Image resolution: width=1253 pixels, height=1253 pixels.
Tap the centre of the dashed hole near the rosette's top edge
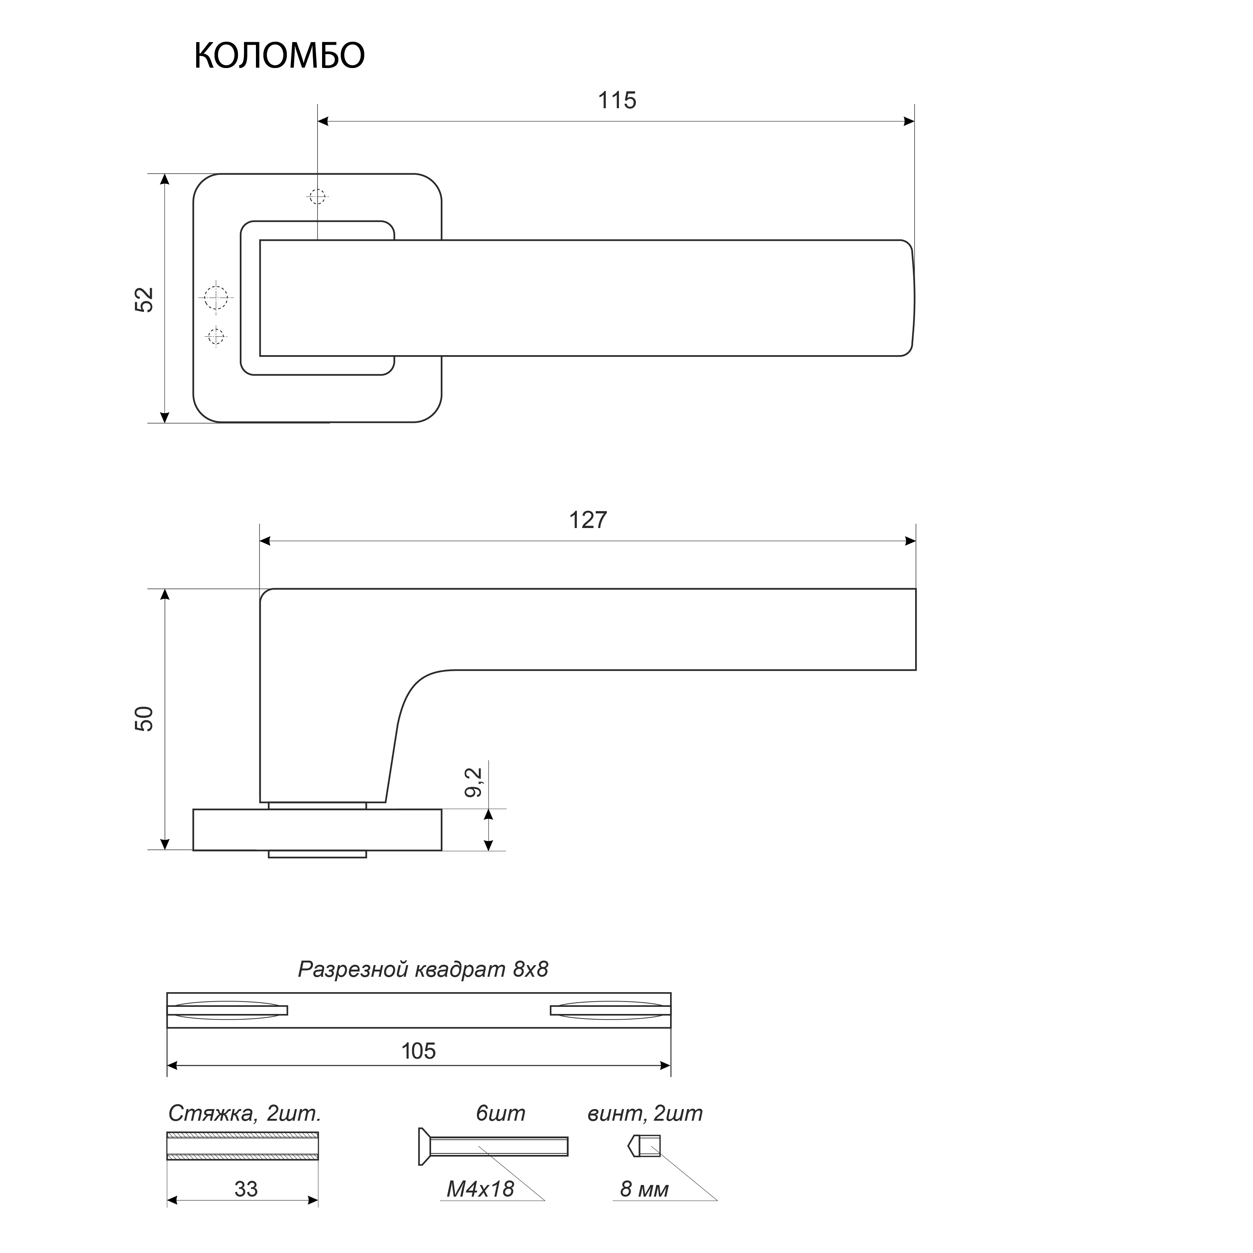pos(317,196)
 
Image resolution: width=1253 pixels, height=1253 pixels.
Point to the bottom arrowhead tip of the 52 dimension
pos(165,423)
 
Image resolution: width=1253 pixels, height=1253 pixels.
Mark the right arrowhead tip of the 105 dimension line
pos(670,1065)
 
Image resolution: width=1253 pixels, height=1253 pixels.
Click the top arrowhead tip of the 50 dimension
pos(165,589)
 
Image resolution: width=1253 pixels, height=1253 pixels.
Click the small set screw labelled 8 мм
pos(644,1146)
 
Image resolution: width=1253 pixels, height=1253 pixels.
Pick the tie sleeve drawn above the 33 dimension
pos(242,1146)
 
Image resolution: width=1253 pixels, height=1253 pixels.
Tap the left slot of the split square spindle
pos(227,1010)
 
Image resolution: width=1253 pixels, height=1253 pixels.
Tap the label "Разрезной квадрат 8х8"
pos(423,969)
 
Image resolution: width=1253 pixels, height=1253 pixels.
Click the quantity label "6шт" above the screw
pos(500,1114)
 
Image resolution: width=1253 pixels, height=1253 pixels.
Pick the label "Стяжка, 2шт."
pos(245,1114)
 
